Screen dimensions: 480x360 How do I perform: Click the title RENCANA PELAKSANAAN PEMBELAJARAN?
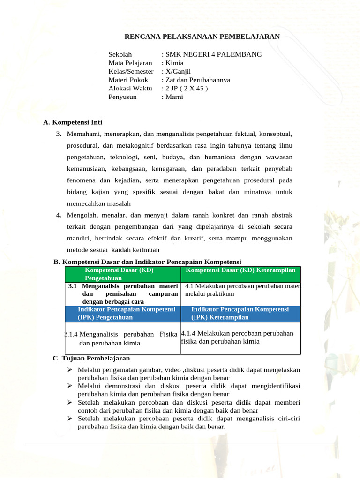tap(202, 36)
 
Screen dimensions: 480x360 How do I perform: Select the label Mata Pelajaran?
tap(130, 63)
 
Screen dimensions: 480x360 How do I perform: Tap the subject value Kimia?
tap(174, 63)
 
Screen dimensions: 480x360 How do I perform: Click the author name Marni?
tap(173, 97)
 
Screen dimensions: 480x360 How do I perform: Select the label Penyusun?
tap(123, 97)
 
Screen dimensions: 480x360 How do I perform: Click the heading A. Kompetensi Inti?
tap(72, 122)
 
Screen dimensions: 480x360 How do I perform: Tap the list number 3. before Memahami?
tap(59, 135)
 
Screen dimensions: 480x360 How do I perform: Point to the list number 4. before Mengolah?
tap(59, 215)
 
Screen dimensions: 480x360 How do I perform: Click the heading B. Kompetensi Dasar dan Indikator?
tap(147, 262)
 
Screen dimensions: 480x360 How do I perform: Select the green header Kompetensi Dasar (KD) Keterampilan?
tap(240, 270)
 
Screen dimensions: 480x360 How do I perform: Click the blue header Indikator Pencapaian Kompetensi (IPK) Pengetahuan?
tap(126, 314)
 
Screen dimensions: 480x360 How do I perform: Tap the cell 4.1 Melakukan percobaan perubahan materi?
tap(243, 290)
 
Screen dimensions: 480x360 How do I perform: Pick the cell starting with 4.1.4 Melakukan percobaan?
tap(237, 337)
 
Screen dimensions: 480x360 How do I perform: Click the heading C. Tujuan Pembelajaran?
tap(91, 358)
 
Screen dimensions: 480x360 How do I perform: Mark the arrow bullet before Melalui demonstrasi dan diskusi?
tap(69, 386)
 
